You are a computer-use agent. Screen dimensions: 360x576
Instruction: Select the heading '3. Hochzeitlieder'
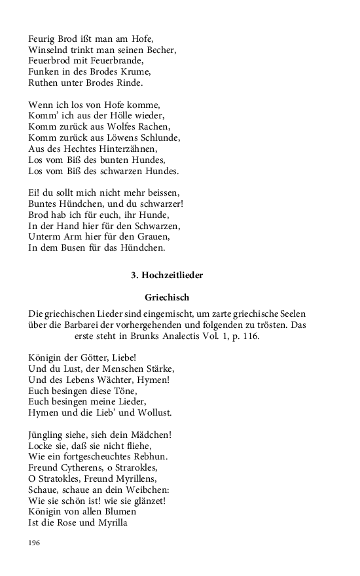click(x=167, y=276)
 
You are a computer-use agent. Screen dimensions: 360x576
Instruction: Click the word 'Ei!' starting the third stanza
click(x=35, y=193)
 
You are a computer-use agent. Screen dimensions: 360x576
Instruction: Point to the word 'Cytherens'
click(x=85, y=468)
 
